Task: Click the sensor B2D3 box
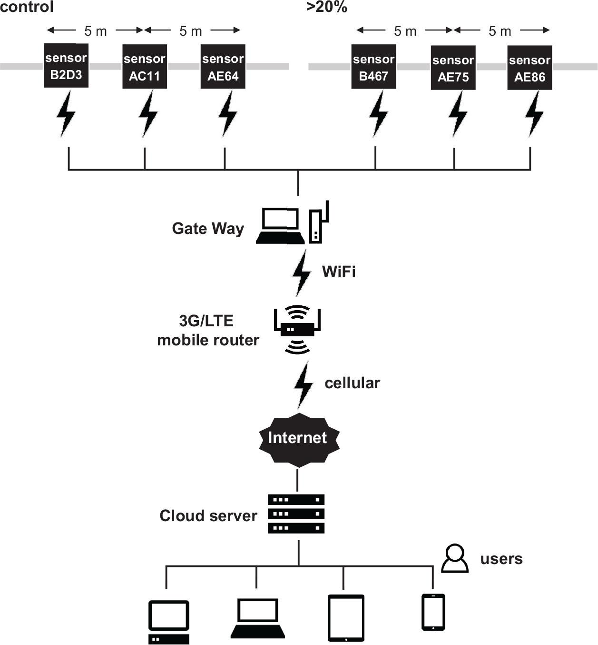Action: point(66,66)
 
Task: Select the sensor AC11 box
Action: point(144,67)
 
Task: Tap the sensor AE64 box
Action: point(223,67)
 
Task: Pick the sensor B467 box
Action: point(373,67)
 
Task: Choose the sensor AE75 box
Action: point(453,68)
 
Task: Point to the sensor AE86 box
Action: point(529,68)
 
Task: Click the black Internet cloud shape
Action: point(299,439)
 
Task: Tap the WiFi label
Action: point(339,272)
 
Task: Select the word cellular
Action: point(352,383)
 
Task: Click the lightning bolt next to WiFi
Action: point(301,273)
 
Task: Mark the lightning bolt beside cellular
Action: point(303,384)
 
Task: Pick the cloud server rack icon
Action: point(296,514)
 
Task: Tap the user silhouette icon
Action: point(455,558)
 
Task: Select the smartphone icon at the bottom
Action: point(433,612)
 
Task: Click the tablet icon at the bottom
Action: point(346,618)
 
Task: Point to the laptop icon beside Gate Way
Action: point(281,226)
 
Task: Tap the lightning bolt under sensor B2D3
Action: point(66,114)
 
